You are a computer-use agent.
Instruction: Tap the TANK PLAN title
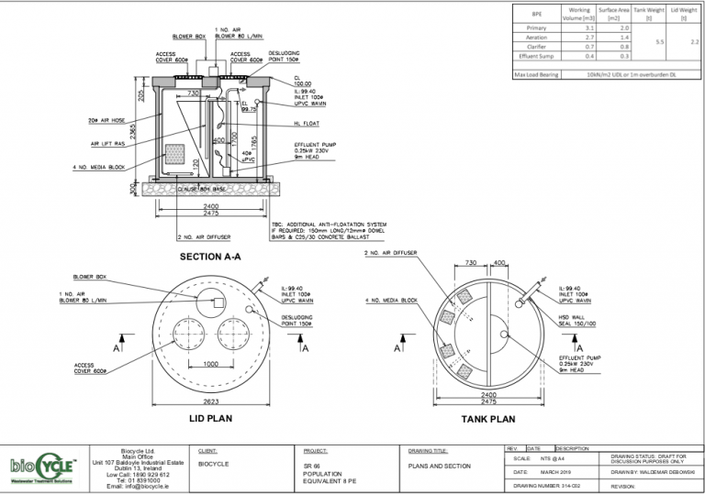pyautogui.click(x=488, y=418)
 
